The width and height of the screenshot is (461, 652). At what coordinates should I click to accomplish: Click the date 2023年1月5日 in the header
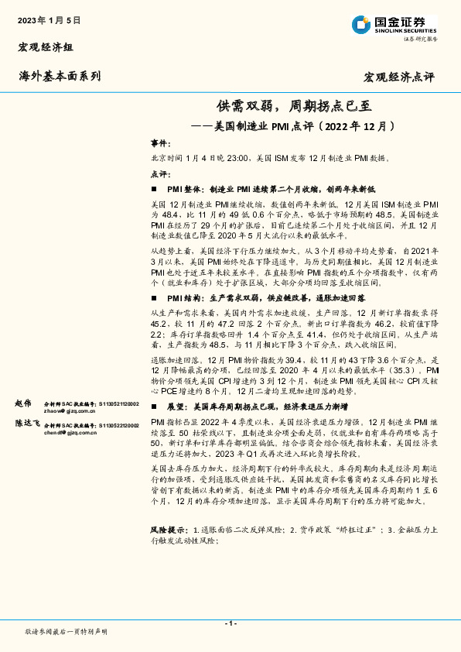[49, 19]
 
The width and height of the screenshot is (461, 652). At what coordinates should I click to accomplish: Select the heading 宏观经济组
[46, 47]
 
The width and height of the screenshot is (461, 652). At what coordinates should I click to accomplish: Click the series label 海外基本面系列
[60, 76]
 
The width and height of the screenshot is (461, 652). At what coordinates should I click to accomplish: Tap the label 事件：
[160, 144]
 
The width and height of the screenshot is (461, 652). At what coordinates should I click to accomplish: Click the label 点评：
[160, 173]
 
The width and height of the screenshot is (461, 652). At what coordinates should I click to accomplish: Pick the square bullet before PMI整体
[155, 188]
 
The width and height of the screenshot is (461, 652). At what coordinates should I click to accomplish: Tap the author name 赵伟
[24, 404]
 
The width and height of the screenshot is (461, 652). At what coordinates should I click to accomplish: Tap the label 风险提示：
[169, 529]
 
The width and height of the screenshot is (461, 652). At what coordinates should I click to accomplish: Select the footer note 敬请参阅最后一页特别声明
[66, 632]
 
